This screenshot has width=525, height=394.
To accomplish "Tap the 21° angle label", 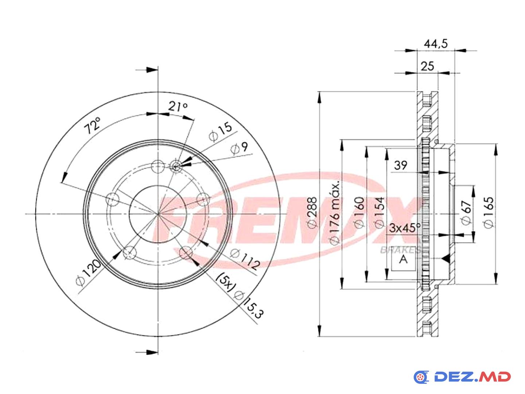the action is pyautogui.click(x=178, y=106).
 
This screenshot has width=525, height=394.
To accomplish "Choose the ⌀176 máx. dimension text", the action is pyautogui.click(x=335, y=213).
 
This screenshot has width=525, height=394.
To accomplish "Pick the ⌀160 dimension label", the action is pyautogui.click(x=359, y=212).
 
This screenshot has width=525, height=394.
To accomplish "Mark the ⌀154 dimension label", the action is pyautogui.click(x=379, y=212).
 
